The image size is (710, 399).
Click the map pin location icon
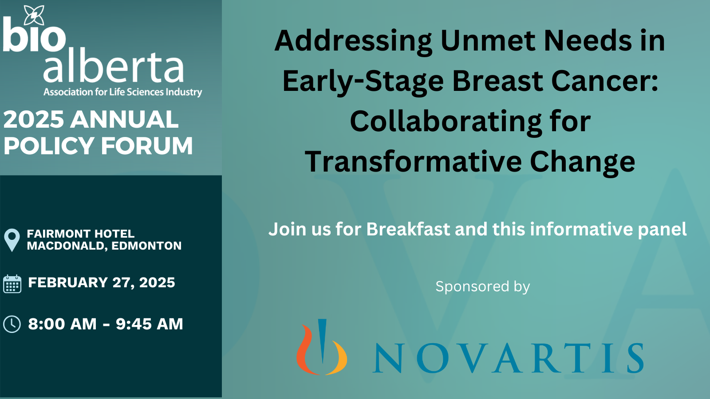[x=12, y=239]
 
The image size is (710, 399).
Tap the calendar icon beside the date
[x=12, y=284]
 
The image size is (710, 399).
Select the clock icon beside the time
[x=12, y=324]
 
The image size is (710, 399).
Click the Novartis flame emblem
[x=321, y=348]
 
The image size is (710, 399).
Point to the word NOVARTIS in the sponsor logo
[x=508, y=358]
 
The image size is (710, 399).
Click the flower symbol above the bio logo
[x=34, y=16]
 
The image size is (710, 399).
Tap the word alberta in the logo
[x=113, y=67]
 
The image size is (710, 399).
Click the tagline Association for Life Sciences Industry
[x=122, y=92]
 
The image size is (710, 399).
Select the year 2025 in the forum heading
[x=34, y=120]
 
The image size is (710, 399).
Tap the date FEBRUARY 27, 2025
[x=102, y=282]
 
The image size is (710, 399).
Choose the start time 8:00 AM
[x=62, y=324]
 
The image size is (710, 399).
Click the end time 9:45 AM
[x=150, y=324]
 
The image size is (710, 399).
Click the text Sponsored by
[x=483, y=286]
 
